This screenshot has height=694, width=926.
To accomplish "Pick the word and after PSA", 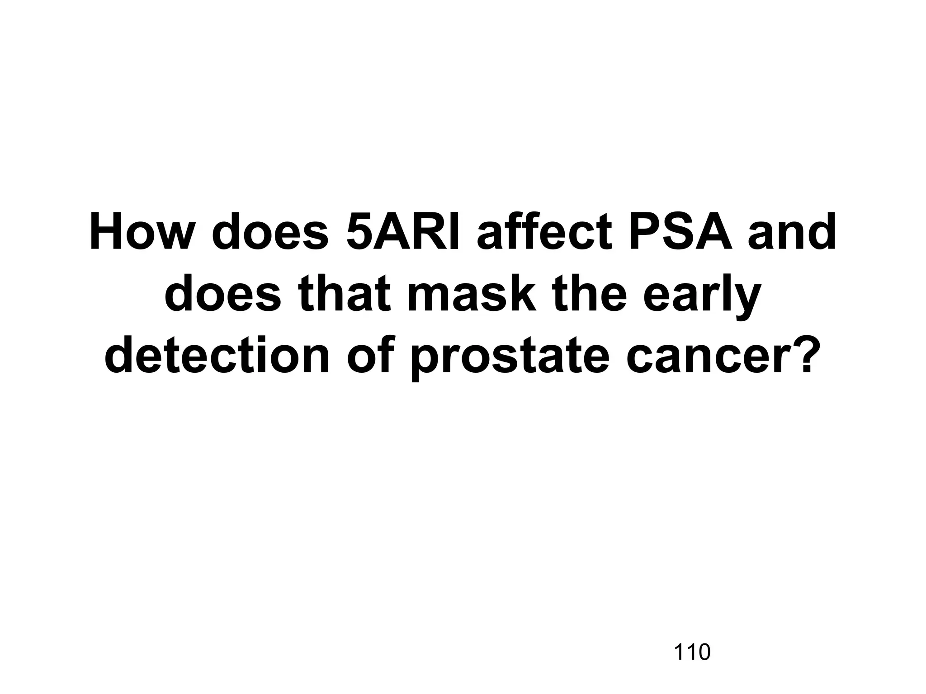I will [792, 233].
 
